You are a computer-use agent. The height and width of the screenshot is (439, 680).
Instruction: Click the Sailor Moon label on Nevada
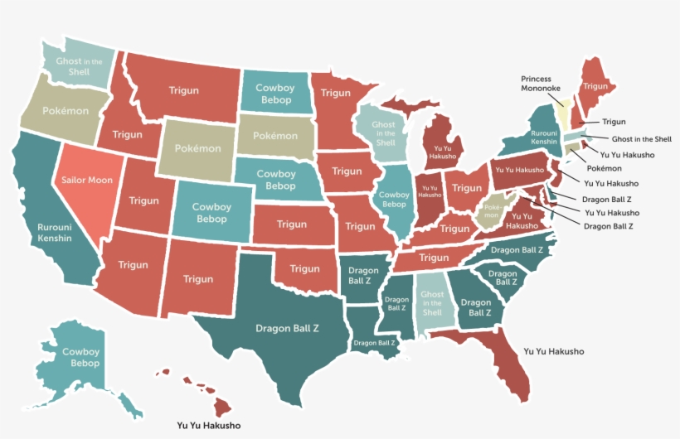coord(87,180)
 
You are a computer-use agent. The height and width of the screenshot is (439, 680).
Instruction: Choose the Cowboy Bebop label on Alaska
coord(80,358)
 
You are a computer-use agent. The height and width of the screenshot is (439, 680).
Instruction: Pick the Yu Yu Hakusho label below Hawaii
coord(208,426)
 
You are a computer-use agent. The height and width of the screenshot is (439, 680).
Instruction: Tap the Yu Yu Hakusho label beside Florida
coord(553,351)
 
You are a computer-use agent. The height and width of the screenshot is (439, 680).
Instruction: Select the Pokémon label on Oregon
coord(54,110)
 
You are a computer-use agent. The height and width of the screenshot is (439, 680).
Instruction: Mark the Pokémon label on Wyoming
coord(197,149)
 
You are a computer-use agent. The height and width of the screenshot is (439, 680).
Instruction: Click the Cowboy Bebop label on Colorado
coord(211,213)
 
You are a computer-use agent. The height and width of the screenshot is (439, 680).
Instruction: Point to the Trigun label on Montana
coord(183,90)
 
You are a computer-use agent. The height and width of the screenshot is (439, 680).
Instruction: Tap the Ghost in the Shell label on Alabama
coord(432,303)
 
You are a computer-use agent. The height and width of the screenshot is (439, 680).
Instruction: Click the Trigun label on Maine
coord(595,86)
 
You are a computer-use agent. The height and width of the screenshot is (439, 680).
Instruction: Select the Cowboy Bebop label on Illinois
coord(393,199)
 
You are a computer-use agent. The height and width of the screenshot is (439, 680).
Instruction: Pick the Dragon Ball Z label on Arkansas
coord(363,275)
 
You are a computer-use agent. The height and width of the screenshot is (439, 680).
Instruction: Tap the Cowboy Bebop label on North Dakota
coord(274,94)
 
